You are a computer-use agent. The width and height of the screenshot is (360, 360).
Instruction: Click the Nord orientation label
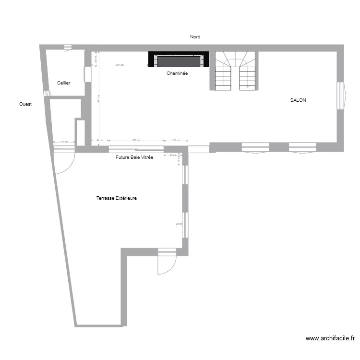point(195,36)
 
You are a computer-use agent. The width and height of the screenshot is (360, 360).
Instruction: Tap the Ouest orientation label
point(25,104)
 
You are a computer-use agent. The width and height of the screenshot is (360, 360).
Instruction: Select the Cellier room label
point(64,83)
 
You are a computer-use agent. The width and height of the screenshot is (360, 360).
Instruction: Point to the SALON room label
point(298,100)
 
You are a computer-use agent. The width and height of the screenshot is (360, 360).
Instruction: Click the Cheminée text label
point(177,73)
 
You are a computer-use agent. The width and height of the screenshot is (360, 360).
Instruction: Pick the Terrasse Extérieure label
point(116,198)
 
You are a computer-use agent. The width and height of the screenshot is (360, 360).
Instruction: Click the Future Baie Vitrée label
point(134,157)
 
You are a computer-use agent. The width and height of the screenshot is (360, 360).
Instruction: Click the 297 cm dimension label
point(120,65)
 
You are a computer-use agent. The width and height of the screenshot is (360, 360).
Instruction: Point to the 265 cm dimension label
point(136,140)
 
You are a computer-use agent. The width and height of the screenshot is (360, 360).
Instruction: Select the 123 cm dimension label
point(175,140)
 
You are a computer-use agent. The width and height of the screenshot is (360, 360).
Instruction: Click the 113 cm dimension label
point(64,142)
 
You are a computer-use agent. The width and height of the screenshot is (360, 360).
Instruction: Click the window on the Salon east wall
point(340,96)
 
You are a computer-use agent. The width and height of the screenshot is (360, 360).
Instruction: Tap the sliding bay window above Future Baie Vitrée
point(136,149)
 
